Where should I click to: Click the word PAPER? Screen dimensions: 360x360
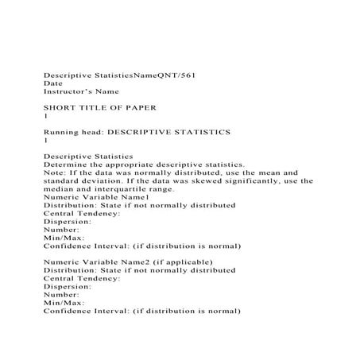(138, 106)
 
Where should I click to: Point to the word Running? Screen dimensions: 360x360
(62, 130)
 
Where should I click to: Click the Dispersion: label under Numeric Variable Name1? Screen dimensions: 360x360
(68, 222)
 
